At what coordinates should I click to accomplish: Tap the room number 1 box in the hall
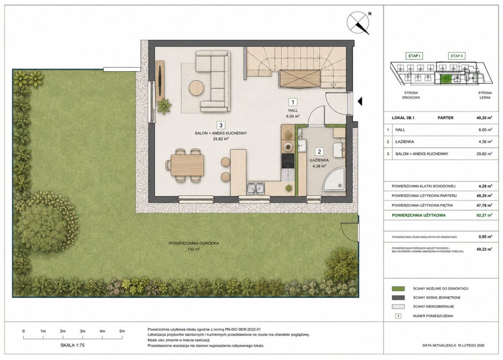pos(293,102)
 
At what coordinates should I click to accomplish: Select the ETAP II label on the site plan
pos(457,56)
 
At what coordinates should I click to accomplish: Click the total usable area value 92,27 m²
pos(485,215)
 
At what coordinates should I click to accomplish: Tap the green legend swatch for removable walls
pos(398,289)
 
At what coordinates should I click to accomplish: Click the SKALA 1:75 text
pos(72,345)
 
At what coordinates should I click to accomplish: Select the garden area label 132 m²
pos(194,249)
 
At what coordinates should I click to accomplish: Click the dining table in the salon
pos(187,165)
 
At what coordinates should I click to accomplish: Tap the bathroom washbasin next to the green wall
pos(302,146)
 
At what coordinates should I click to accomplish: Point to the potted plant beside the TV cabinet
pos(164,106)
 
